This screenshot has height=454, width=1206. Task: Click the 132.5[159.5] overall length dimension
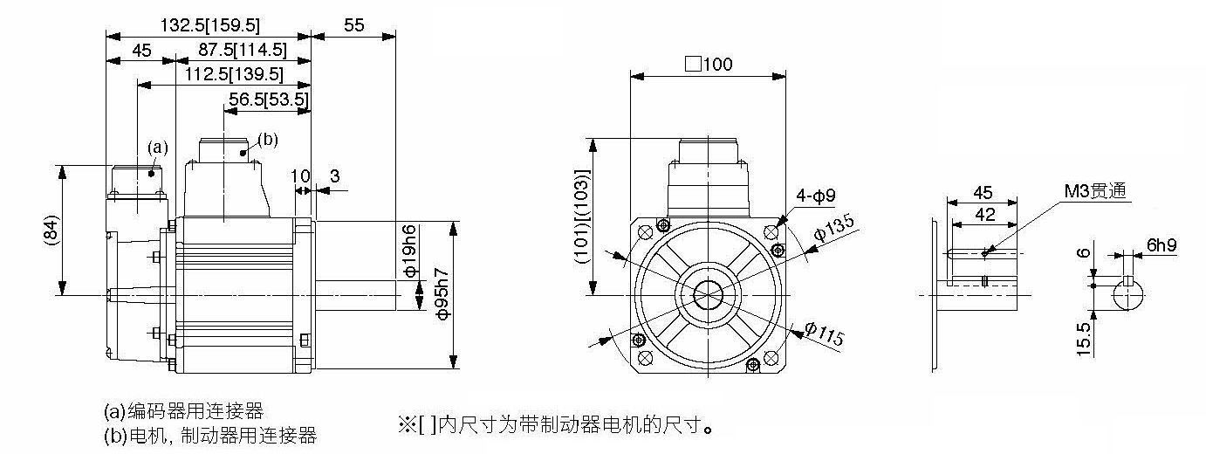pyautogui.click(x=210, y=24)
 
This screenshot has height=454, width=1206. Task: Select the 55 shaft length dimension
pyautogui.click(x=353, y=24)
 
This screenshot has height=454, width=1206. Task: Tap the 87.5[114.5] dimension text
pyautogui.click(x=243, y=50)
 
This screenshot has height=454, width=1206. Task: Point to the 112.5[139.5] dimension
pyautogui.click(x=234, y=74)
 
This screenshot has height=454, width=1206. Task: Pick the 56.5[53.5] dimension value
pyautogui.click(x=269, y=99)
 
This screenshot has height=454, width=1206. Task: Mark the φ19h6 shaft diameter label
pyautogui.click(x=410, y=251)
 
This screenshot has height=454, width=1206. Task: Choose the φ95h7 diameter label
pyautogui.click(x=442, y=293)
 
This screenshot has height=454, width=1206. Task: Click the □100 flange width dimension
pyautogui.click(x=709, y=64)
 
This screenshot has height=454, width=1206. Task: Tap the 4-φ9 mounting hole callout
pyautogui.click(x=816, y=196)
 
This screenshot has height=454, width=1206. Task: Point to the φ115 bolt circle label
pyautogui.click(x=825, y=334)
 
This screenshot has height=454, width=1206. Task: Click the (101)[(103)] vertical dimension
pyautogui.click(x=583, y=217)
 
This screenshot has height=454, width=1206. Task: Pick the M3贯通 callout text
pyautogui.click(x=1095, y=190)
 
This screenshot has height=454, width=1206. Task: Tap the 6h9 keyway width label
pyautogui.click(x=1161, y=245)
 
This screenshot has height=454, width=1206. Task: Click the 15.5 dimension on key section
pyautogui.click(x=1084, y=340)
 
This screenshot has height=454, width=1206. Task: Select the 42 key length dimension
pyautogui.click(x=984, y=215)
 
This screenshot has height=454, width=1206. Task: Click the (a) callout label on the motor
pyautogui.click(x=158, y=147)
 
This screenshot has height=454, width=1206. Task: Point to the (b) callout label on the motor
pyautogui.click(x=268, y=140)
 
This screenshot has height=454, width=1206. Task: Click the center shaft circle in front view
pyautogui.click(x=708, y=294)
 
